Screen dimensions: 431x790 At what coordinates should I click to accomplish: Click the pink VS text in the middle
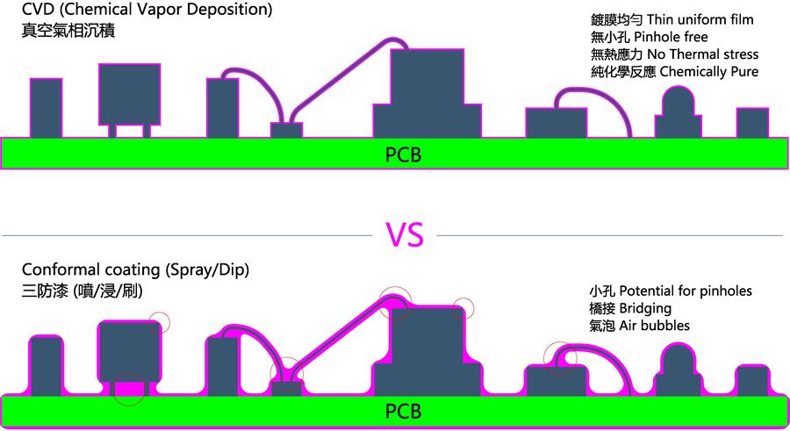pyautogui.click(x=405, y=235)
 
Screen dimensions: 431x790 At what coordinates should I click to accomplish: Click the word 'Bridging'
pyautogui.click(x=646, y=308)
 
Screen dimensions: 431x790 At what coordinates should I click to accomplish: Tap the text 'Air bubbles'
pyautogui.click(x=653, y=326)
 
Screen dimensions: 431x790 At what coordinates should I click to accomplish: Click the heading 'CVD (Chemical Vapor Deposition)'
pyautogui.click(x=147, y=11)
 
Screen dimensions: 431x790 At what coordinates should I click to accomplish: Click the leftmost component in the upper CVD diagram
pyautogui.click(x=46, y=108)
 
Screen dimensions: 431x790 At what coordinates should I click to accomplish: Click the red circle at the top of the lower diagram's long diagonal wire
pyautogui.click(x=396, y=298)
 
